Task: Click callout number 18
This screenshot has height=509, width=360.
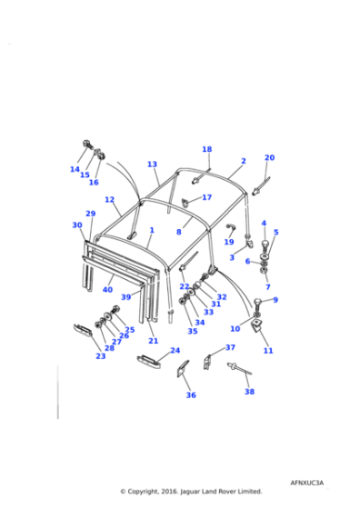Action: click(206, 149)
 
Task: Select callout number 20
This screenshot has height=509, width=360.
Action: click(269, 157)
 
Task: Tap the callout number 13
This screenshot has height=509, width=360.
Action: click(153, 165)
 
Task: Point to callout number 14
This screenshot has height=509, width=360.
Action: click(75, 169)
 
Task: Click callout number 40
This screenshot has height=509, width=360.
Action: click(107, 289)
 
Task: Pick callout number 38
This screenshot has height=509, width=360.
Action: click(249, 392)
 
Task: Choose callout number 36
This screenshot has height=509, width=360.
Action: click(191, 394)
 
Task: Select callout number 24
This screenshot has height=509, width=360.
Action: click(175, 350)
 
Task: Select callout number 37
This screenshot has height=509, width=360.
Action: click(230, 347)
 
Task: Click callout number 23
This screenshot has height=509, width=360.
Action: click(100, 355)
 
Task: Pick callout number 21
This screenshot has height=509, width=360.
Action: click(153, 341)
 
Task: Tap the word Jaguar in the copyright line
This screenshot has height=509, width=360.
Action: click(185, 491)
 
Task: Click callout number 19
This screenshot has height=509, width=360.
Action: click(229, 242)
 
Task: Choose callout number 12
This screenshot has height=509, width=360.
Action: click(109, 199)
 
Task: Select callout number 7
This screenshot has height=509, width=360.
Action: click(267, 286)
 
